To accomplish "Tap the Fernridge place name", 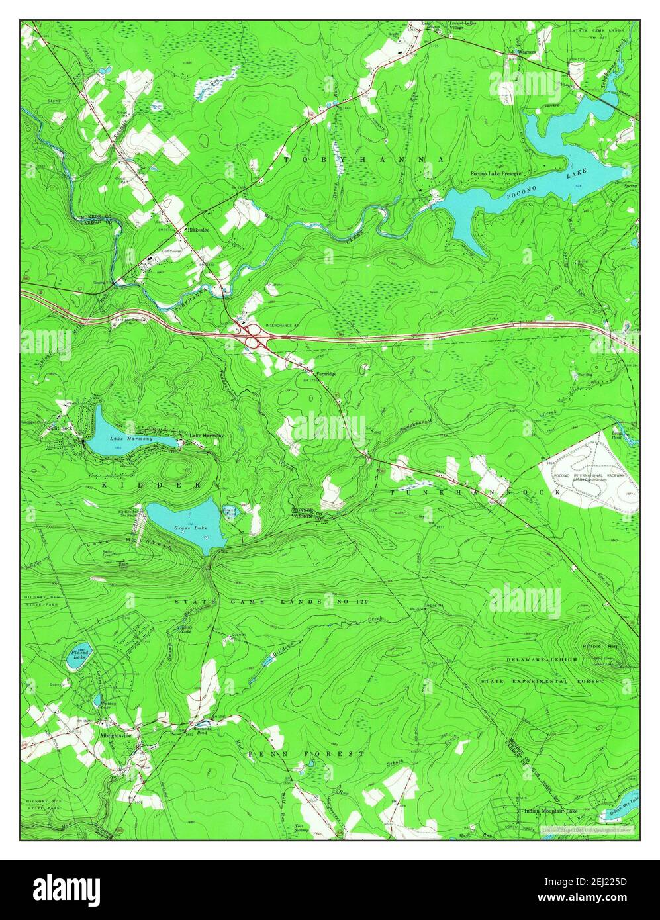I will click(x=326, y=374).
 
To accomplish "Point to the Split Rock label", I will click(x=59, y=428).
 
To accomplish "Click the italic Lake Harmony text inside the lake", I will click(x=131, y=439).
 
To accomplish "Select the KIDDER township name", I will click(x=151, y=485).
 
